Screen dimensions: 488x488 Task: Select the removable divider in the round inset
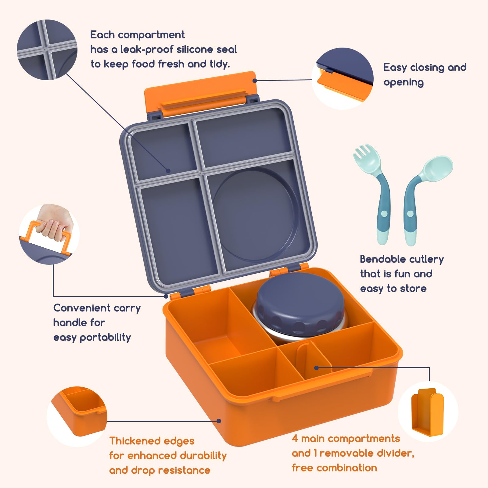coord(427,412)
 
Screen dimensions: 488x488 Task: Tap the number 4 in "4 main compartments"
coord(295,438)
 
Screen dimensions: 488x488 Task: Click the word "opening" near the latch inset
coord(404,83)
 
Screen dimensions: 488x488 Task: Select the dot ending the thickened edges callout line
coord(219,421)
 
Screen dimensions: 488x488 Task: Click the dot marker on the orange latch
coord(255,81)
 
